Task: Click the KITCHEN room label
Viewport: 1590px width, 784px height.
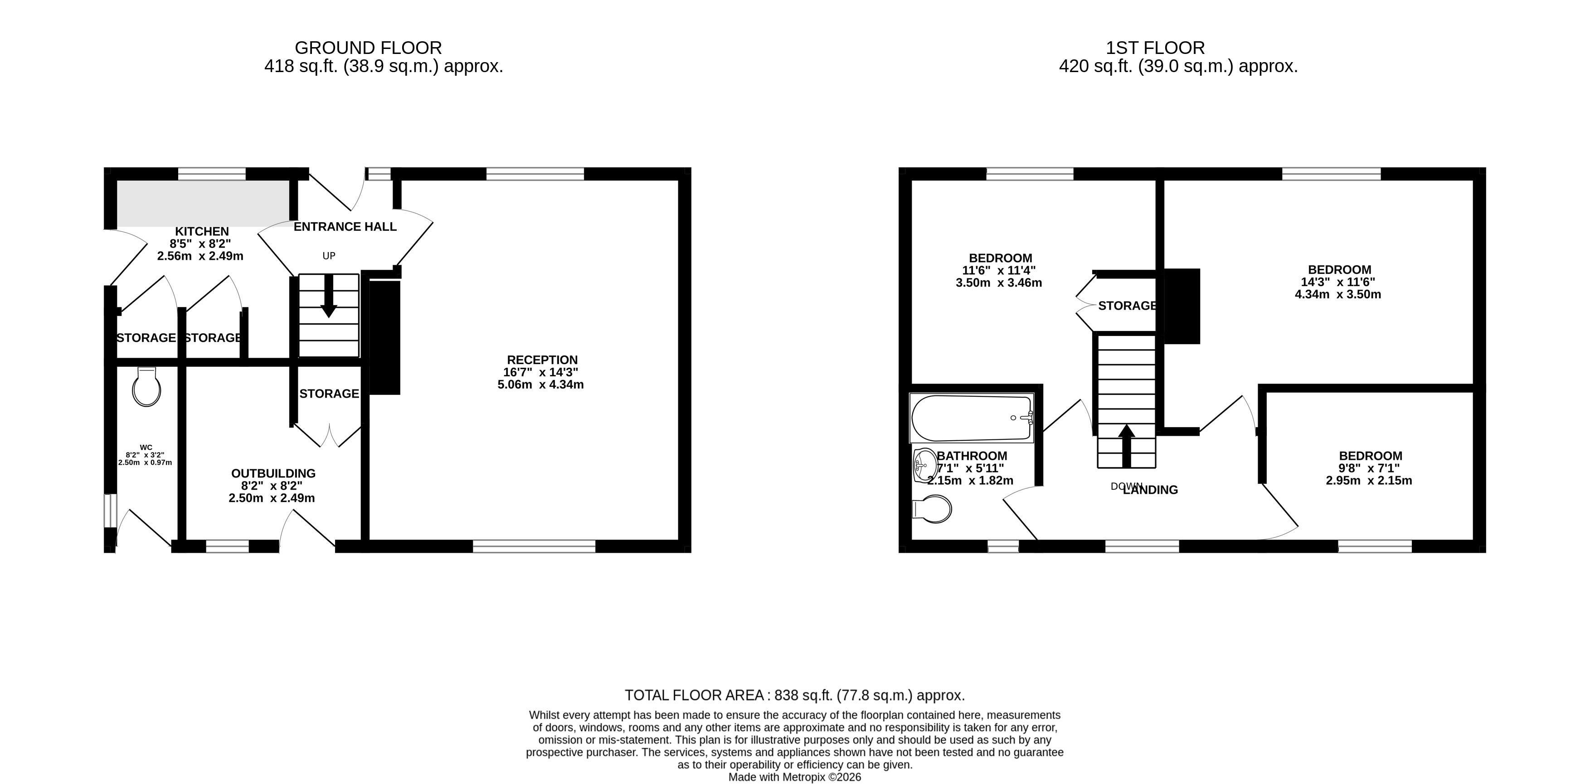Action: click(x=202, y=232)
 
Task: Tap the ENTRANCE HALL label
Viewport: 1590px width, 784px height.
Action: click(x=345, y=227)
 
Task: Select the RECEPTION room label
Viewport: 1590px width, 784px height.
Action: click(x=542, y=360)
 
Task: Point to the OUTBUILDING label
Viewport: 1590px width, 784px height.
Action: click(x=273, y=473)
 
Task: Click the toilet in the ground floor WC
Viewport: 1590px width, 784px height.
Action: click(x=146, y=387)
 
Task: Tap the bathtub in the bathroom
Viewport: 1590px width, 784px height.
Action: click(x=971, y=418)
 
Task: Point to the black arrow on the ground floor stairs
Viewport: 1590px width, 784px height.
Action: click(x=328, y=296)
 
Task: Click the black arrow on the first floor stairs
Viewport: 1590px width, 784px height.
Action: click(x=1127, y=444)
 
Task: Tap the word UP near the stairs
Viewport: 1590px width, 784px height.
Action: click(x=329, y=256)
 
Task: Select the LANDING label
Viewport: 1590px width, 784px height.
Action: click(x=1151, y=490)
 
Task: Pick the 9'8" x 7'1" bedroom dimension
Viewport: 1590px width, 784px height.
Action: click(x=1369, y=468)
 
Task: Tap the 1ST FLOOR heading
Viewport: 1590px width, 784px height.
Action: click(x=1155, y=48)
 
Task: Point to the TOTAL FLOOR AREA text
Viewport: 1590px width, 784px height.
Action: click(x=794, y=696)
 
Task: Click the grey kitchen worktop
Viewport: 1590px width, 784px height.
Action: click(x=204, y=203)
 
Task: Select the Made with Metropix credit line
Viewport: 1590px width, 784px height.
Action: click(x=794, y=777)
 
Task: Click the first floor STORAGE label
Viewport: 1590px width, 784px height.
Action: click(x=1127, y=306)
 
